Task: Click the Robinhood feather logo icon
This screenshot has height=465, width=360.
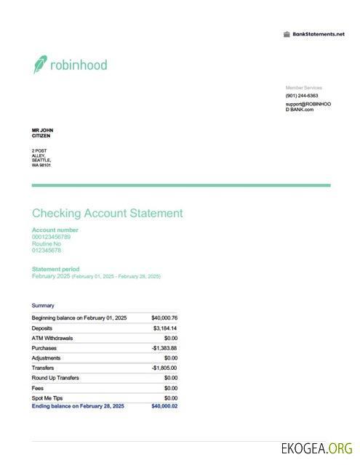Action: tap(40, 65)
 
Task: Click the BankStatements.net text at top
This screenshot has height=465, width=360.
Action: tap(318, 34)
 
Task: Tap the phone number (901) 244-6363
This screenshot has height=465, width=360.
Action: tap(301, 96)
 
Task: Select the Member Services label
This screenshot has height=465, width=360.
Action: tap(303, 88)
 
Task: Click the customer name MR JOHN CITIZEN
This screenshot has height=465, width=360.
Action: tap(42, 133)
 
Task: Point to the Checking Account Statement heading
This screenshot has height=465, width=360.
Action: tap(107, 214)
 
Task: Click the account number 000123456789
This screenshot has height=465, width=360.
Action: tap(51, 237)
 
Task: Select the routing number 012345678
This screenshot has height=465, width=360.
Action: tap(47, 251)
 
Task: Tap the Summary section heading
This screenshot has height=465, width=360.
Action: tap(43, 306)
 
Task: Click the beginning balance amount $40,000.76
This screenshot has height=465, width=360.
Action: tap(164, 318)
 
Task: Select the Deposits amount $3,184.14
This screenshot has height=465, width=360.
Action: tap(165, 328)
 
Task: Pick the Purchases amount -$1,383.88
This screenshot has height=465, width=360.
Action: tap(164, 348)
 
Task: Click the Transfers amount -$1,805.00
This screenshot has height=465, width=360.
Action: tap(164, 368)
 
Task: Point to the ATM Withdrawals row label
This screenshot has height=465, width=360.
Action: tap(52, 339)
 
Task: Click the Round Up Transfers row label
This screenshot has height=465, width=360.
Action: tap(55, 378)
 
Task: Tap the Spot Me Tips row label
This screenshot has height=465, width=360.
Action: tap(47, 398)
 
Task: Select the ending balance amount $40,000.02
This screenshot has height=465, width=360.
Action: tap(164, 406)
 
